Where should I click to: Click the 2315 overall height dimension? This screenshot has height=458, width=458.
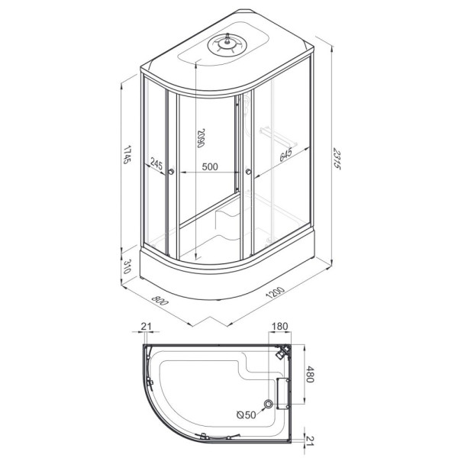[x=337, y=160]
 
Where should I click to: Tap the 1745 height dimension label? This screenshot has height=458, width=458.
[x=127, y=154]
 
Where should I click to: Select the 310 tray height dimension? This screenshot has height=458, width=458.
[x=127, y=266]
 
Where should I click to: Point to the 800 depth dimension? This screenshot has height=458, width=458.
[x=160, y=300]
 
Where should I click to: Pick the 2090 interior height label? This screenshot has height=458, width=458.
[x=201, y=138]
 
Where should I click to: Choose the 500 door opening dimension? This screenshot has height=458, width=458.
[x=210, y=166]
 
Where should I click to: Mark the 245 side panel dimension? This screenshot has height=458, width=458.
[x=156, y=164]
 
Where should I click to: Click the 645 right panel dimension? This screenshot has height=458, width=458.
[x=286, y=155]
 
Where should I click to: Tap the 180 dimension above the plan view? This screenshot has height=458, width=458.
[x=280, y=326]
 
